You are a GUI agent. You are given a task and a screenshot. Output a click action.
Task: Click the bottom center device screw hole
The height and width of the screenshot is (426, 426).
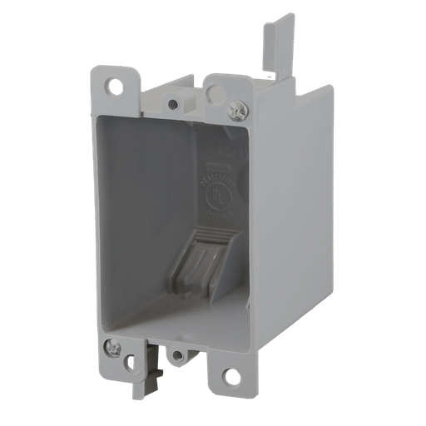[177, 355]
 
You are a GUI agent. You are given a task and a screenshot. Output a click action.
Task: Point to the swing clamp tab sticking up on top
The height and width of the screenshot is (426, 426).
[276, 46]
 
